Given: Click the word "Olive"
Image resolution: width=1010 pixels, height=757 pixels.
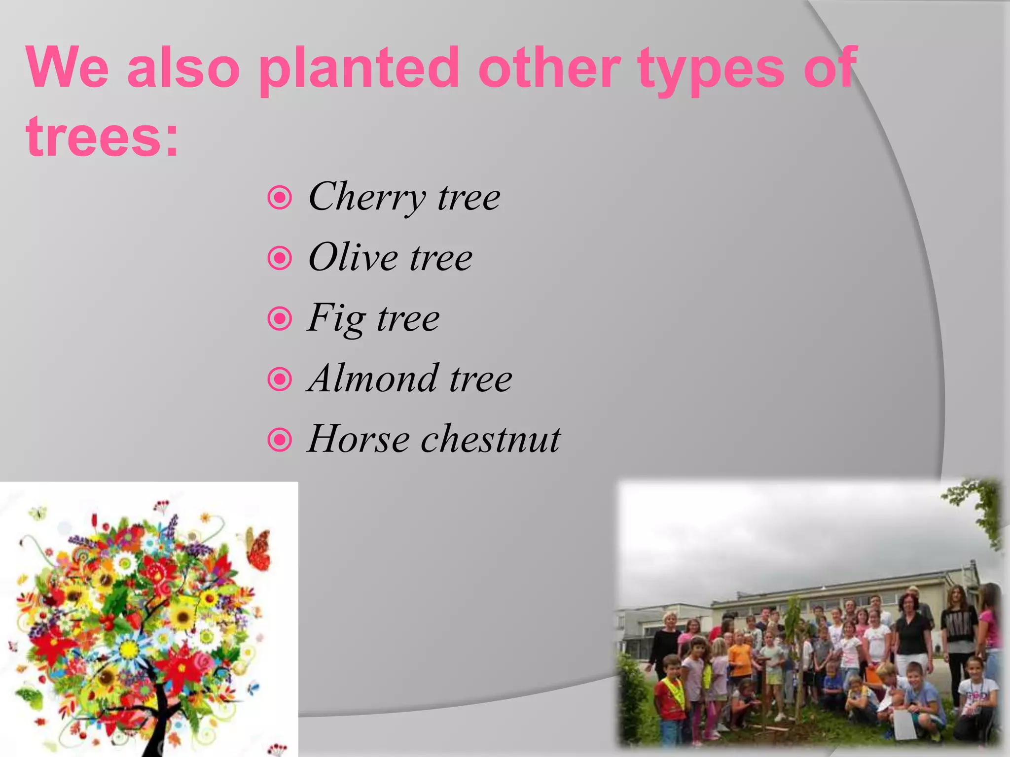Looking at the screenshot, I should point(353,257).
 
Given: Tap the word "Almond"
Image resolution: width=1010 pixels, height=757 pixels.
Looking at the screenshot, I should point(372,378).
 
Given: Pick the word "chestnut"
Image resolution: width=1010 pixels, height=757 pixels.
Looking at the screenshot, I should point(490,439).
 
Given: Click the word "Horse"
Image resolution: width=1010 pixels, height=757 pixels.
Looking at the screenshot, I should point(358,439).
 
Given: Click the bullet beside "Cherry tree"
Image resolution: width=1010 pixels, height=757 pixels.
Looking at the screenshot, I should point(280,198).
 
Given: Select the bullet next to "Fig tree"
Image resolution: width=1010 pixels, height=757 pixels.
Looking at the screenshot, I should point(280,319).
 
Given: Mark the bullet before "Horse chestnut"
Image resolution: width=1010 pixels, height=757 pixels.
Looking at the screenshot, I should point(280,440).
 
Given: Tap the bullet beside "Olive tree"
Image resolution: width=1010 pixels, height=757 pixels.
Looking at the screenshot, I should point(280,258).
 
